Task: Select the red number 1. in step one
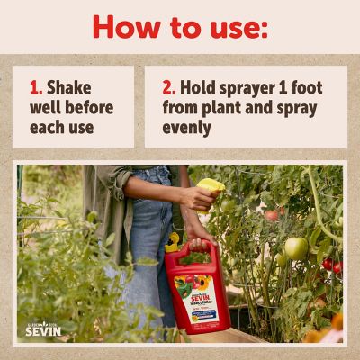(36, 88)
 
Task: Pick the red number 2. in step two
(169, 88)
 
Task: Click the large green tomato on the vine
(296, 247)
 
